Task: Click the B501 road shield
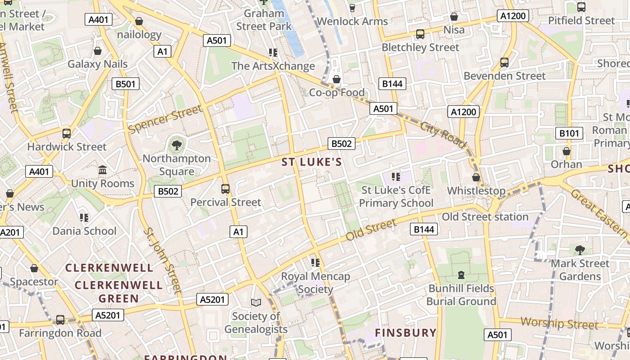coord(126,84)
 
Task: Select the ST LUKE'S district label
coord(312,162)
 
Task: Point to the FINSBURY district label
coord(405,333)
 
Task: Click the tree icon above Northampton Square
coord(177,145)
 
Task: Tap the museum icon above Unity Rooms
coord(103,170)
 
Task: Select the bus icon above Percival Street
coord(225,189)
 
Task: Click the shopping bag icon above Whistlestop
coord(476,177)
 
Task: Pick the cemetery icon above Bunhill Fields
coord(461,274)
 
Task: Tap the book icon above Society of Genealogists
coord(256,302)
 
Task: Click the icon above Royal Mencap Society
coord(315,262)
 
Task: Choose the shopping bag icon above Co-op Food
coord(336,79)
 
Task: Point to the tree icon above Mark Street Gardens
coord(580,250)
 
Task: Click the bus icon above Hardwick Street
coord(67,133)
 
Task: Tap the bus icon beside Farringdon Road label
coord(60,319)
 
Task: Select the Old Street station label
coord(485,217)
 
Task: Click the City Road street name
coord(443,135)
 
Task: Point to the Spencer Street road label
coord(165,119)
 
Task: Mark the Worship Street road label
coord(559,323)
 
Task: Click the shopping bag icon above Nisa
coord(454,17)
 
